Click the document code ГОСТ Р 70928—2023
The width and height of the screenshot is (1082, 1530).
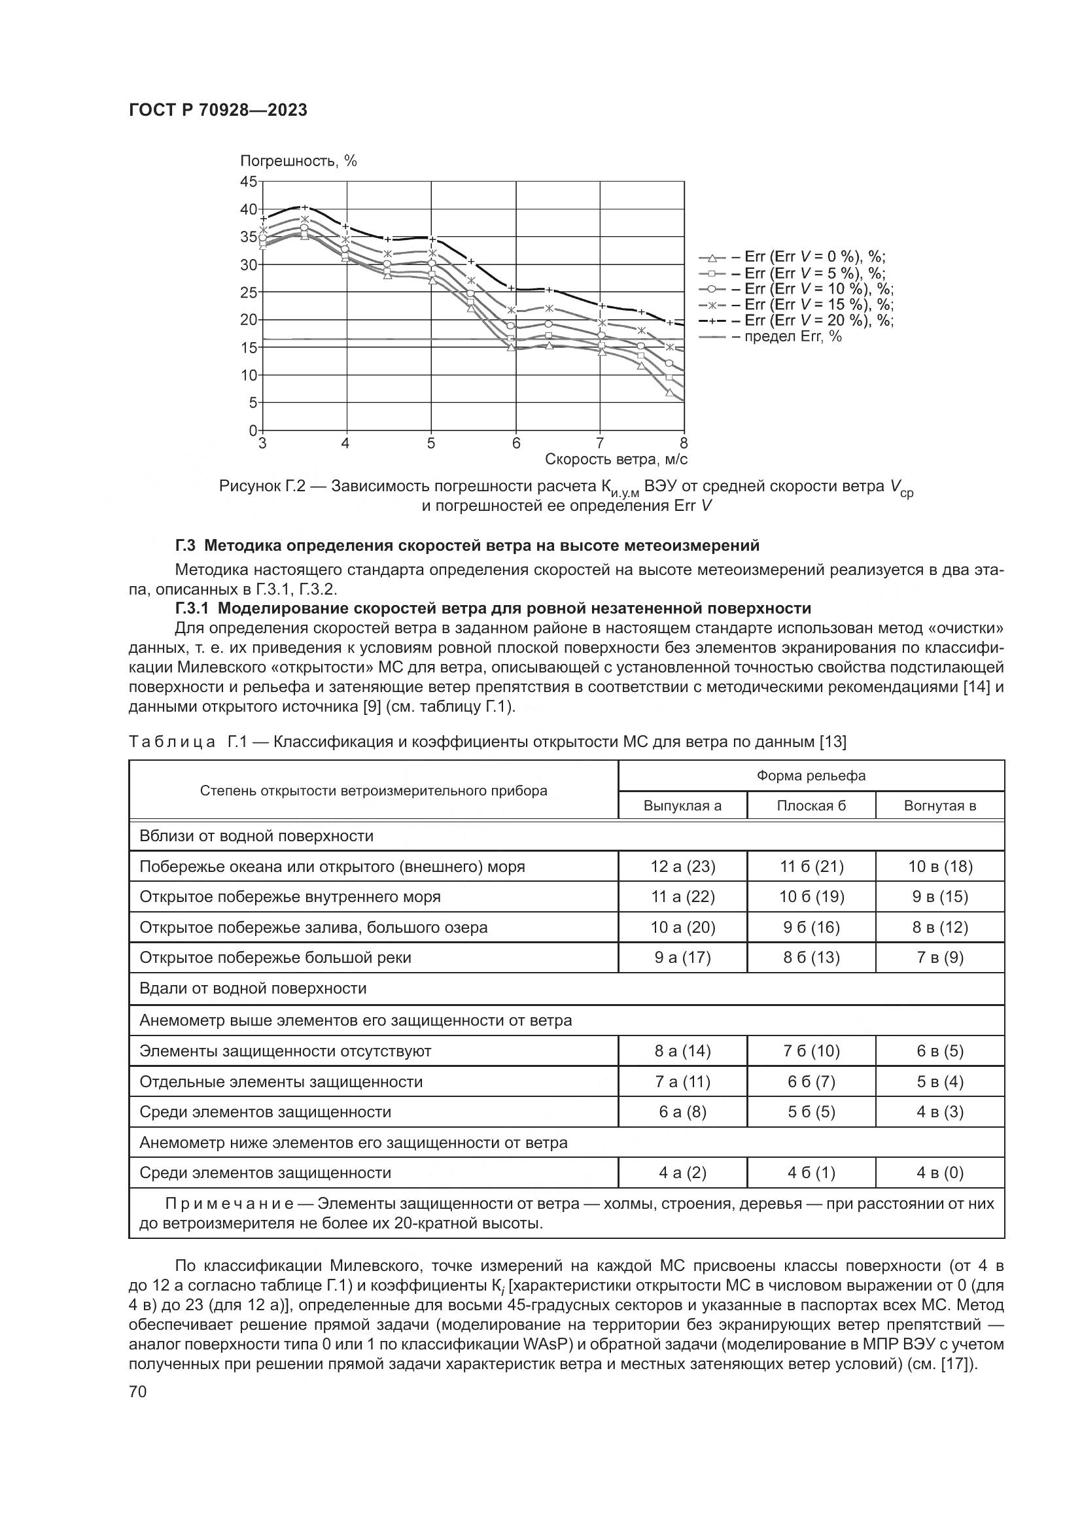tap(218, 111)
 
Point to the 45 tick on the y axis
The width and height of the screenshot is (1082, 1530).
tap(248, 181)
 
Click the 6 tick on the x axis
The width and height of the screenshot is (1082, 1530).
tap(515, 443)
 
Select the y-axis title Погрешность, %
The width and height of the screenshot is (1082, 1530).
tap(298, 161)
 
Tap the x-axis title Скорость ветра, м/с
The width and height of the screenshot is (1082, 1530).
tap(616, 459)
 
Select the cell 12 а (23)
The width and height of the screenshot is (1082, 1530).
tap(682, 866)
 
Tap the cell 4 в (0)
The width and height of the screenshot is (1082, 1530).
tap(939, 1172)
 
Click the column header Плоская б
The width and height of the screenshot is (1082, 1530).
tap(811, 806)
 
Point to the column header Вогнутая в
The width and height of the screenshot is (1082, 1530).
tap(939, 806)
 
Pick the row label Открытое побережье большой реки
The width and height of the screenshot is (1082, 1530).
tap(275, 958)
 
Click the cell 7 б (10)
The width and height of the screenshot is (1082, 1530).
tap(811, 1051)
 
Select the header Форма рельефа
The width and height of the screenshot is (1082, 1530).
tap(811, 776)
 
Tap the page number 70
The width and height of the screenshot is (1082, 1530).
tap(137, 1391)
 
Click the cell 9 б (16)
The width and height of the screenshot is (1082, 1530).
tap(811, 927)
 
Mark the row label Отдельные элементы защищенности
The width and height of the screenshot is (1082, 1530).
tap(281, 1081)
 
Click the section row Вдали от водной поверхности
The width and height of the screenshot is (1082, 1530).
tap(253, 988)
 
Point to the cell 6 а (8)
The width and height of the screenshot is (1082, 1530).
tap(682, 1111)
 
